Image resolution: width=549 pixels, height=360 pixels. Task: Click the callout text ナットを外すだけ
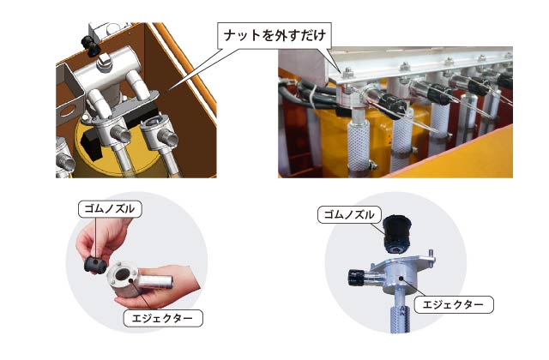pos(274,35)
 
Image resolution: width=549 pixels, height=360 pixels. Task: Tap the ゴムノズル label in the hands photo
pos(110,209)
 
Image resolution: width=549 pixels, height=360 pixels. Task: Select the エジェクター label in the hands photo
pos(162,318)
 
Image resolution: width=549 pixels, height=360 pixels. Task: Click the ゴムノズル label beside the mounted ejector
pos(349,214)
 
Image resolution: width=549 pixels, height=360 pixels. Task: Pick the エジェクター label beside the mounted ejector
pos(454,305)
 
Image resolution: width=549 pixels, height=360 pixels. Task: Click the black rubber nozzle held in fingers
pos(94,265)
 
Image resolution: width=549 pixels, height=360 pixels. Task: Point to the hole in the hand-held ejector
pos(122,274)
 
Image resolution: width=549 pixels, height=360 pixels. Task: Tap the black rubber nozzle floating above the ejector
pos(397,234)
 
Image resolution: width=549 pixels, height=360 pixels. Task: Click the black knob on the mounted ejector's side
pos(357,278)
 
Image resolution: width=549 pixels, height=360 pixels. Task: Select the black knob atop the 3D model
pos(90,45)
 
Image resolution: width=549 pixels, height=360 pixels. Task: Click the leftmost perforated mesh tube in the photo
pos(359,144)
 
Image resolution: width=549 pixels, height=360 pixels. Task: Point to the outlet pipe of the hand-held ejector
pos(155,282)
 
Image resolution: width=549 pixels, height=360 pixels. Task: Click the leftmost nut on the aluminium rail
pos(347,72)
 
